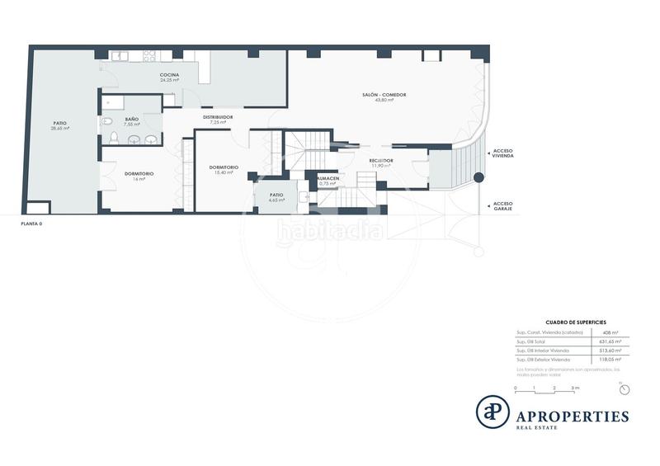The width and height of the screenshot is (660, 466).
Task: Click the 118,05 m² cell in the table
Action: (x=611, y=360)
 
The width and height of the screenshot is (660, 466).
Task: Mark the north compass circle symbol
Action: (x=625, y=389)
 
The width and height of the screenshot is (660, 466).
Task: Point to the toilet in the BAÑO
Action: (x=107, y=123)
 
